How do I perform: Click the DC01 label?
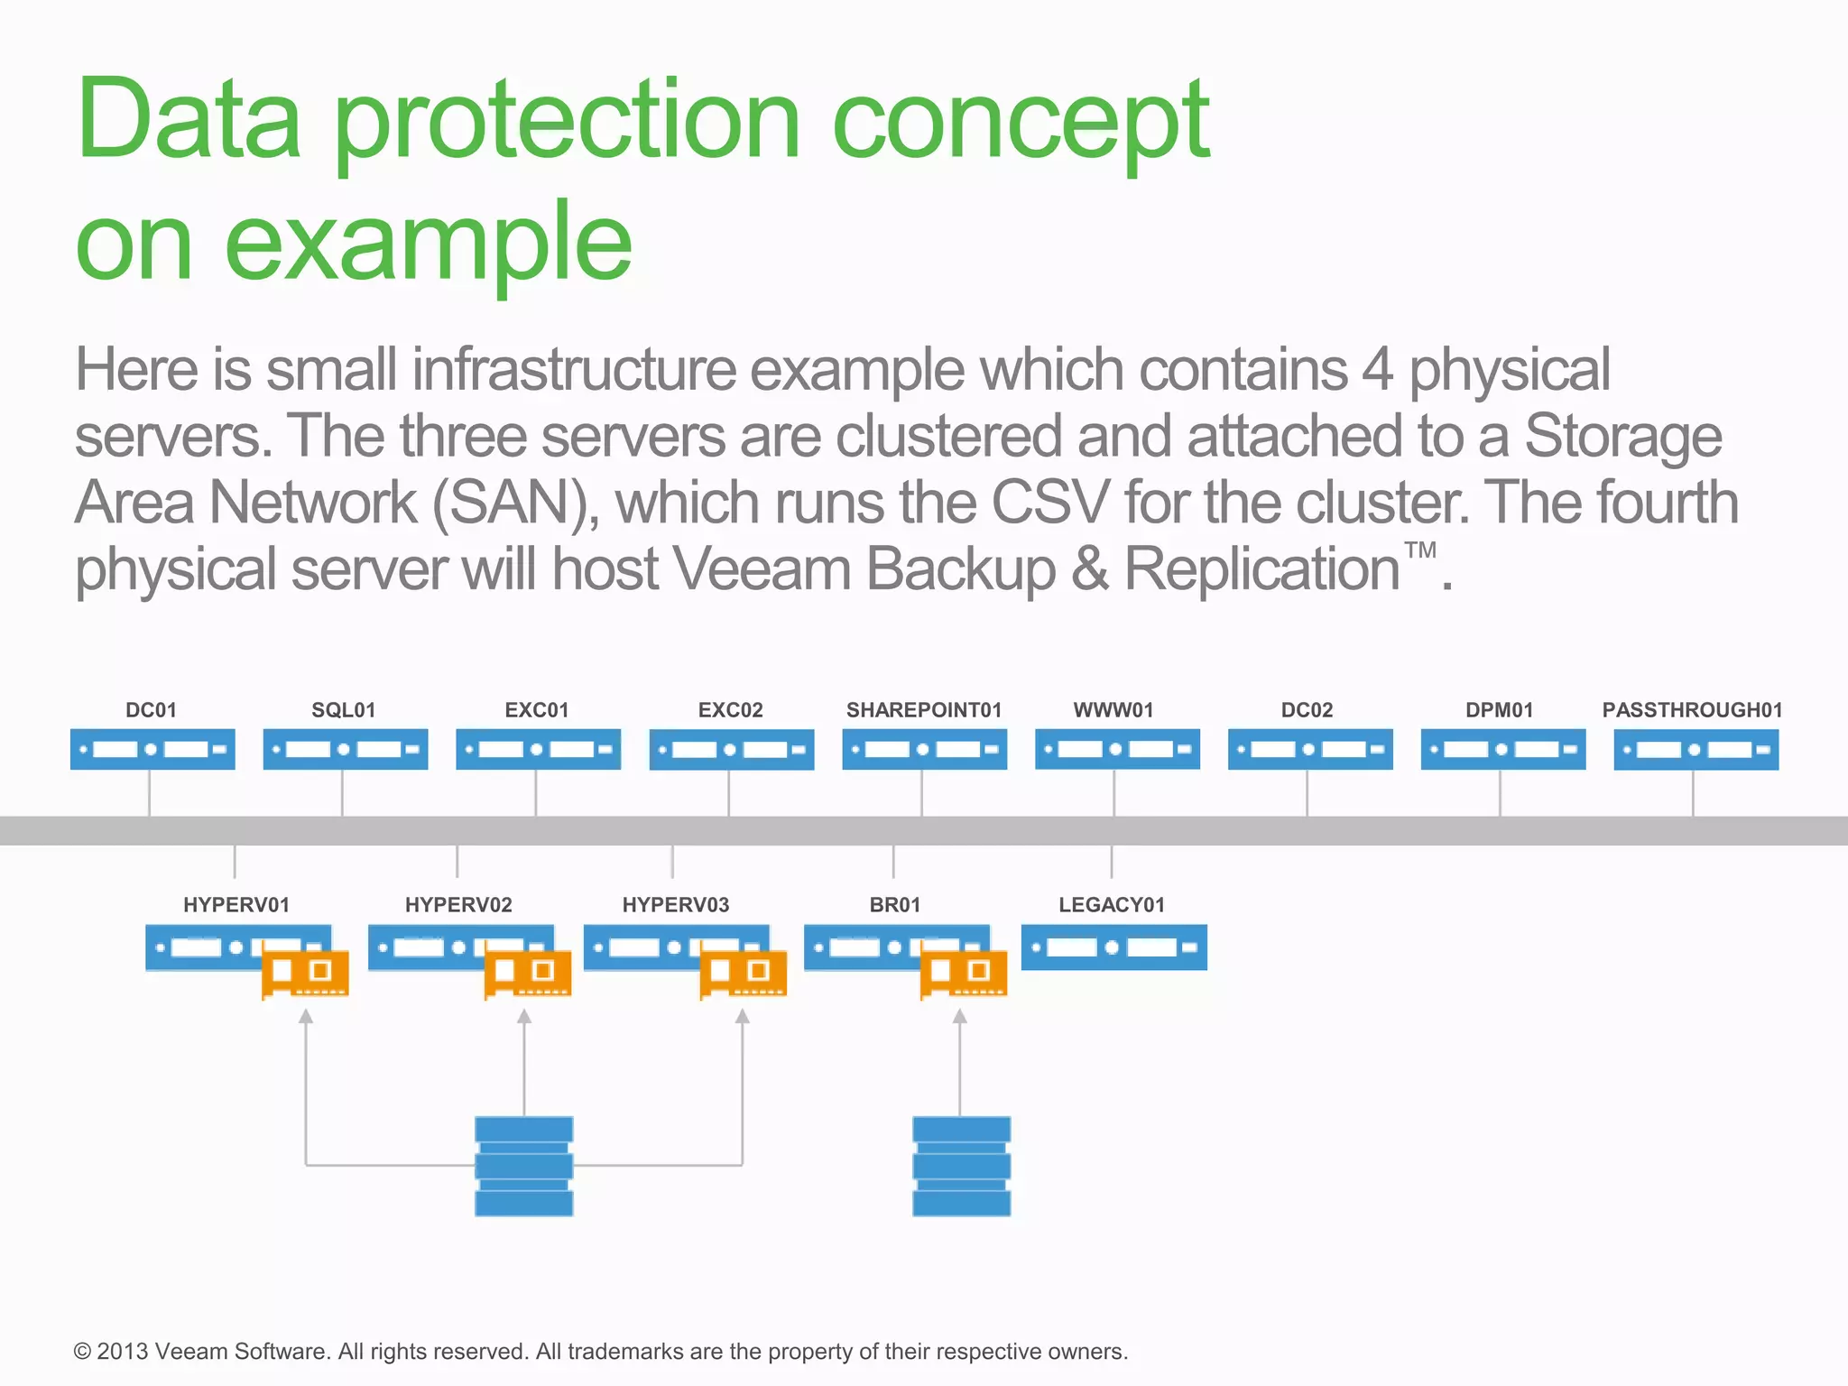pos(151,710)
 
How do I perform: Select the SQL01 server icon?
pos(345,749)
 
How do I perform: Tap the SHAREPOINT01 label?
pos(923,710)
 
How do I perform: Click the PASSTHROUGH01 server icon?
pos(1696,749)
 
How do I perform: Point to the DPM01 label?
pos(1499,710)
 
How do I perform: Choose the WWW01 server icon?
pos(1117,749)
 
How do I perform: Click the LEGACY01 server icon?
pos(1113,947)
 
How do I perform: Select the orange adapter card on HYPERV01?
pos(305,974)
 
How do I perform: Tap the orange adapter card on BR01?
pos(963,974)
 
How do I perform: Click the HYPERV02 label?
pos(458,905)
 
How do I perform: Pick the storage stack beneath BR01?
pos(961,1166)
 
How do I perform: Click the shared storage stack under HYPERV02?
pos(523,1166)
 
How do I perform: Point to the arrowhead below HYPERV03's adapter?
pos(742,1017)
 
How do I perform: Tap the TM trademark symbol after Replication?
pos(1419,550)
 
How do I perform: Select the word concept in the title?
pos(1020,122)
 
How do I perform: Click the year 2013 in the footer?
pos(122,1352)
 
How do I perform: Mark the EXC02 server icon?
pos(731,749)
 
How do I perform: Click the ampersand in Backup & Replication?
pos(1090,569)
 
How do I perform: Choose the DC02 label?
pos(1306,710)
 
